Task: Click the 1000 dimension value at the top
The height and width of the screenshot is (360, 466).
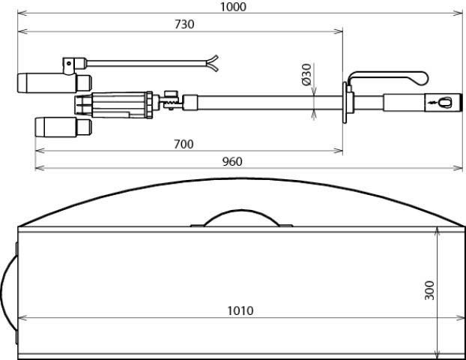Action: pos(233,7)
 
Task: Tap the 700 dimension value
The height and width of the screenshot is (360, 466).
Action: pos(184,144)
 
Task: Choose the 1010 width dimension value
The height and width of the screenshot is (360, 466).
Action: pos(240,310)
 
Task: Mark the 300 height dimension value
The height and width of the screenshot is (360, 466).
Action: pos(429,290)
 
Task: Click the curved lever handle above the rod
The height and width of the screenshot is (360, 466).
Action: pos(390,76)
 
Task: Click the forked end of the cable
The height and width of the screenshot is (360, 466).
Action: pos(213,61)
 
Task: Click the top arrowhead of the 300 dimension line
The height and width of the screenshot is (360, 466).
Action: pos(438,233)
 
